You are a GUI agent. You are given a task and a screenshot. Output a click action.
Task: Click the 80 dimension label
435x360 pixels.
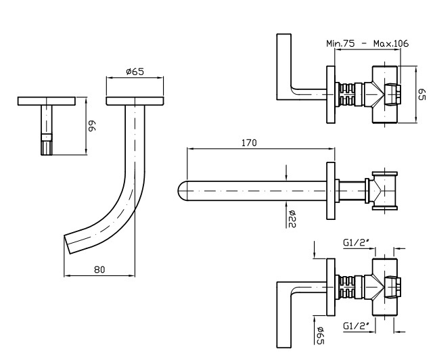point(99,269)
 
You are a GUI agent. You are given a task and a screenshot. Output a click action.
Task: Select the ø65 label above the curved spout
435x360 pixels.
point(135,72)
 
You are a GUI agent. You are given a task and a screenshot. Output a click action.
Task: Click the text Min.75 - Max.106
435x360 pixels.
point(367,43)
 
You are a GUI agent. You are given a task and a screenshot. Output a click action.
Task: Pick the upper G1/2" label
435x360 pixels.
point(357,241)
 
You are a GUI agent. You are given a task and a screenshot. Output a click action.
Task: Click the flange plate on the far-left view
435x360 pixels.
point(46,101)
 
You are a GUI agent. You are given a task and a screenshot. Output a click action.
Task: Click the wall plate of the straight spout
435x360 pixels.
point(331,192)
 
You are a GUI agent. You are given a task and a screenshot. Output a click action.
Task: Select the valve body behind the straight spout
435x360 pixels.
point(384,192)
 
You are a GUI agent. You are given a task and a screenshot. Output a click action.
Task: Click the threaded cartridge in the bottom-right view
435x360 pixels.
point(348,287)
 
